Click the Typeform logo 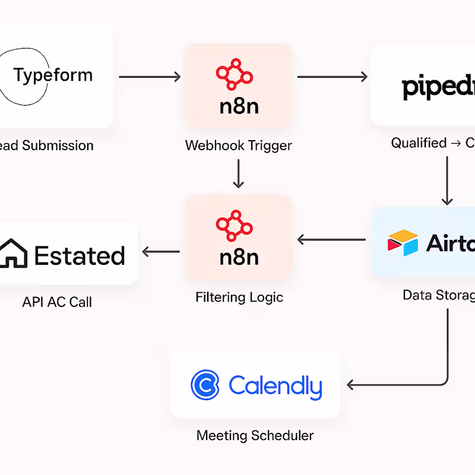52,75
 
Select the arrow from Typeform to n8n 150,77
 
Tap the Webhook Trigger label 239,145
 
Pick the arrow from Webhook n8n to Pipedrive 332,77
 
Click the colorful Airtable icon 403,242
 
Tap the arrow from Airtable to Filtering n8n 331,240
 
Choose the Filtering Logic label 239,297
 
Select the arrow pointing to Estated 161,252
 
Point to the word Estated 80,255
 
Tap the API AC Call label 57,302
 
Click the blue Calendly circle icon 205,385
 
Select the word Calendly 275,386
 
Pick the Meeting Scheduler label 255,436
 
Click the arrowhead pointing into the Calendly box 351,385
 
